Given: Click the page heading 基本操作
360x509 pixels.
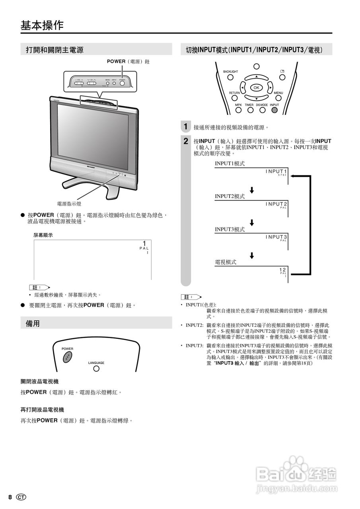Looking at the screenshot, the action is (x=42, y=25).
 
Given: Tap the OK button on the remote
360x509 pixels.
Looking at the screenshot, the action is (x=256, y=87).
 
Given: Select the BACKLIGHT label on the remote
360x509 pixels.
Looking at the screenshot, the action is (x=230, y=72).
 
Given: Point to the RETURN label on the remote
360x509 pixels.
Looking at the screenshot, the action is (x=234, y=93).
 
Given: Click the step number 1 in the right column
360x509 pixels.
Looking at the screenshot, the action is (x=185, y=127).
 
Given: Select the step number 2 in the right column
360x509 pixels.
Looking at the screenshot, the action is (x=186, y=141).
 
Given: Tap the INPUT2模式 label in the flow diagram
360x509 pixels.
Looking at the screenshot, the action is (x=230, y=196).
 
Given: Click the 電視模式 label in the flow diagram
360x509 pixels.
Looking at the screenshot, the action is (x=226, y=262).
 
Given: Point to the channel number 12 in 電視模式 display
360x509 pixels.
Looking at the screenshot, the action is (x=282, y=270).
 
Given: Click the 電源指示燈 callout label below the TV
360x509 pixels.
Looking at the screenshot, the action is (x=69, y=204).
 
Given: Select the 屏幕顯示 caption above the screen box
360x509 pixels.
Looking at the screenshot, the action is (x=43, y=235).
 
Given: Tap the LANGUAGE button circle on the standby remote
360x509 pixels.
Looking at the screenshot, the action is (x=96, y=369).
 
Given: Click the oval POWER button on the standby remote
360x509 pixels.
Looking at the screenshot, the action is (x=67, y=357).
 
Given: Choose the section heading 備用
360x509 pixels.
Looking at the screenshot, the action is (x=33, y=323).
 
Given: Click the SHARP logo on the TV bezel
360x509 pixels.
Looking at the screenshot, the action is (x=93, y=163).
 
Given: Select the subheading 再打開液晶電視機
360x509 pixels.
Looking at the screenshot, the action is (x=42, y=410).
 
